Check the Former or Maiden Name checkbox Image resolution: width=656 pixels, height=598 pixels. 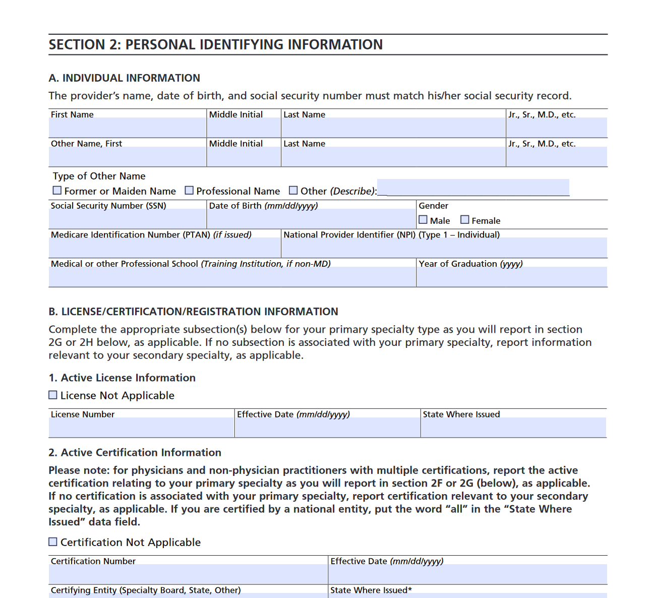(x=57, y=191)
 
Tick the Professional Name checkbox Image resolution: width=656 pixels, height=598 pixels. (x=189, y=191)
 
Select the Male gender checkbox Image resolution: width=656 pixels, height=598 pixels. (x=423, y=220)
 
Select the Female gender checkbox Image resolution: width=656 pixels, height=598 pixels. (x=465, y=220)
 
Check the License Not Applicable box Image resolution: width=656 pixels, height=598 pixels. (x=53, y=395)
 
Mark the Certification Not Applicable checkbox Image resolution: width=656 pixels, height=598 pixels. (x=53, y=542)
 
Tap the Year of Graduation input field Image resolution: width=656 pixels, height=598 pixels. (x=511, y=277)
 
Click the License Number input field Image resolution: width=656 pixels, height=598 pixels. (x=141, y=427)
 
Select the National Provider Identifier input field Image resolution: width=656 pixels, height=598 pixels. (x=444, y=248)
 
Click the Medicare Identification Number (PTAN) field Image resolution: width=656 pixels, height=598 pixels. (x=164, y=248)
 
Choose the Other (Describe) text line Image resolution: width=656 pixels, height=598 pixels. (x=473, y=188)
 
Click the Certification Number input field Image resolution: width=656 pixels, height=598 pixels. (x=188, y=574)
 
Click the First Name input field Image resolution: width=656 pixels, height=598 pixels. (x=127, y=128)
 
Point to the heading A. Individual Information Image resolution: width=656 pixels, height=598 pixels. (x=124, y=78)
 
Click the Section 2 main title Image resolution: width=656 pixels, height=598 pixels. (x=216, y=45)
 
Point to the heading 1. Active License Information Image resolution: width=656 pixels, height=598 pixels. (x=122, y=378)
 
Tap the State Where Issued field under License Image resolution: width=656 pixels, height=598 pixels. (x=513, y=427)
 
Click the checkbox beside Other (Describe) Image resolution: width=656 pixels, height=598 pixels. (x=293, y=191)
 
